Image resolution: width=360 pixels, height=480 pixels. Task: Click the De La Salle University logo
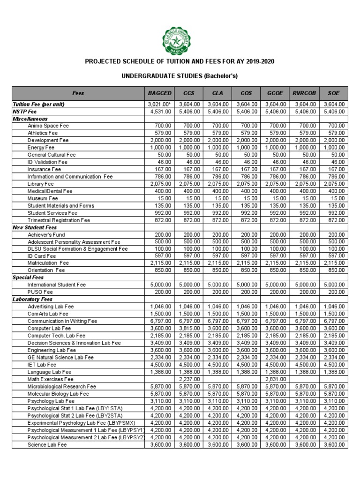pos(180,41)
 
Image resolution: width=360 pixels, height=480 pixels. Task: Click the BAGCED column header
pos(160,93)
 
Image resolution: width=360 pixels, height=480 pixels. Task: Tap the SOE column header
pos(334,93)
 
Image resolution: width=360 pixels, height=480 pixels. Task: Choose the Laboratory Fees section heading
pos(33,299)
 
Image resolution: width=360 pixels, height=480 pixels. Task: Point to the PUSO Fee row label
pos(40,292)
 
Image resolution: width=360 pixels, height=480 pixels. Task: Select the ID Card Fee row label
pos(42,256)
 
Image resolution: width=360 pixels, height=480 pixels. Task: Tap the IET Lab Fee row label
pos(42,364)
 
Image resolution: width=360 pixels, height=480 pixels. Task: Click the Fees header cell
pos(78,93)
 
